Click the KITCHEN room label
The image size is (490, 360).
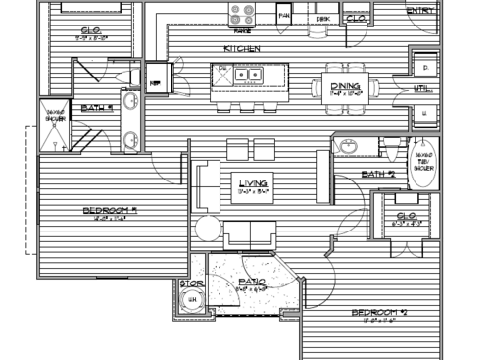pyautogui.click(x=240, y=48)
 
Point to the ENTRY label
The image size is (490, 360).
pyautogui.click(x=420, y=11)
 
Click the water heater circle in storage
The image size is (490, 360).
pyautogui.click(x=193, y=302)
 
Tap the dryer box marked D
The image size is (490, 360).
pyautogui.click(x=424, y=66)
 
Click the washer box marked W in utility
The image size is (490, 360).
pyautogui.click(x=424, y=113)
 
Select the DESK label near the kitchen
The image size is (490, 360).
pyautogui.click(x=322, y=19)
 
